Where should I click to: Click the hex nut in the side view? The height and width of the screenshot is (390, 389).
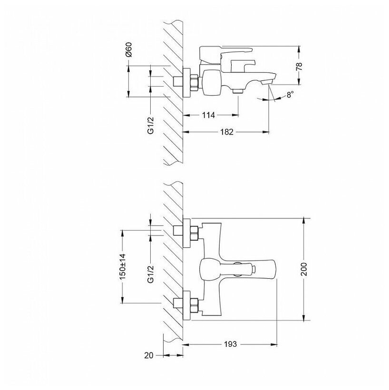click(194, 82)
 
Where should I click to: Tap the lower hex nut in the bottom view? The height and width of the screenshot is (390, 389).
click(194, 304)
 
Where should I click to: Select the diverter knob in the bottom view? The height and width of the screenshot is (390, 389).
click(247, 269)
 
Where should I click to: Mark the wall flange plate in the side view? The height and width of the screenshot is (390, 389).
click(187, 82)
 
